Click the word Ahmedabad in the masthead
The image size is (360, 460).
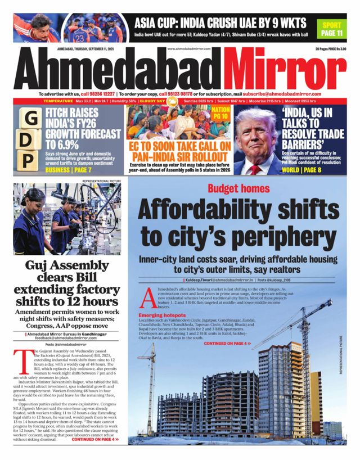[121, 70]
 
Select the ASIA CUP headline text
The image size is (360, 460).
[220, 23]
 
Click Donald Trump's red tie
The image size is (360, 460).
[256, 168]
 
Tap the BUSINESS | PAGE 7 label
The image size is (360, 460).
[69, 169]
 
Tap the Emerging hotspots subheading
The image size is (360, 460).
[163, 315]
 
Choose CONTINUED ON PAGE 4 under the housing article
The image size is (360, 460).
[227, 342]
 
